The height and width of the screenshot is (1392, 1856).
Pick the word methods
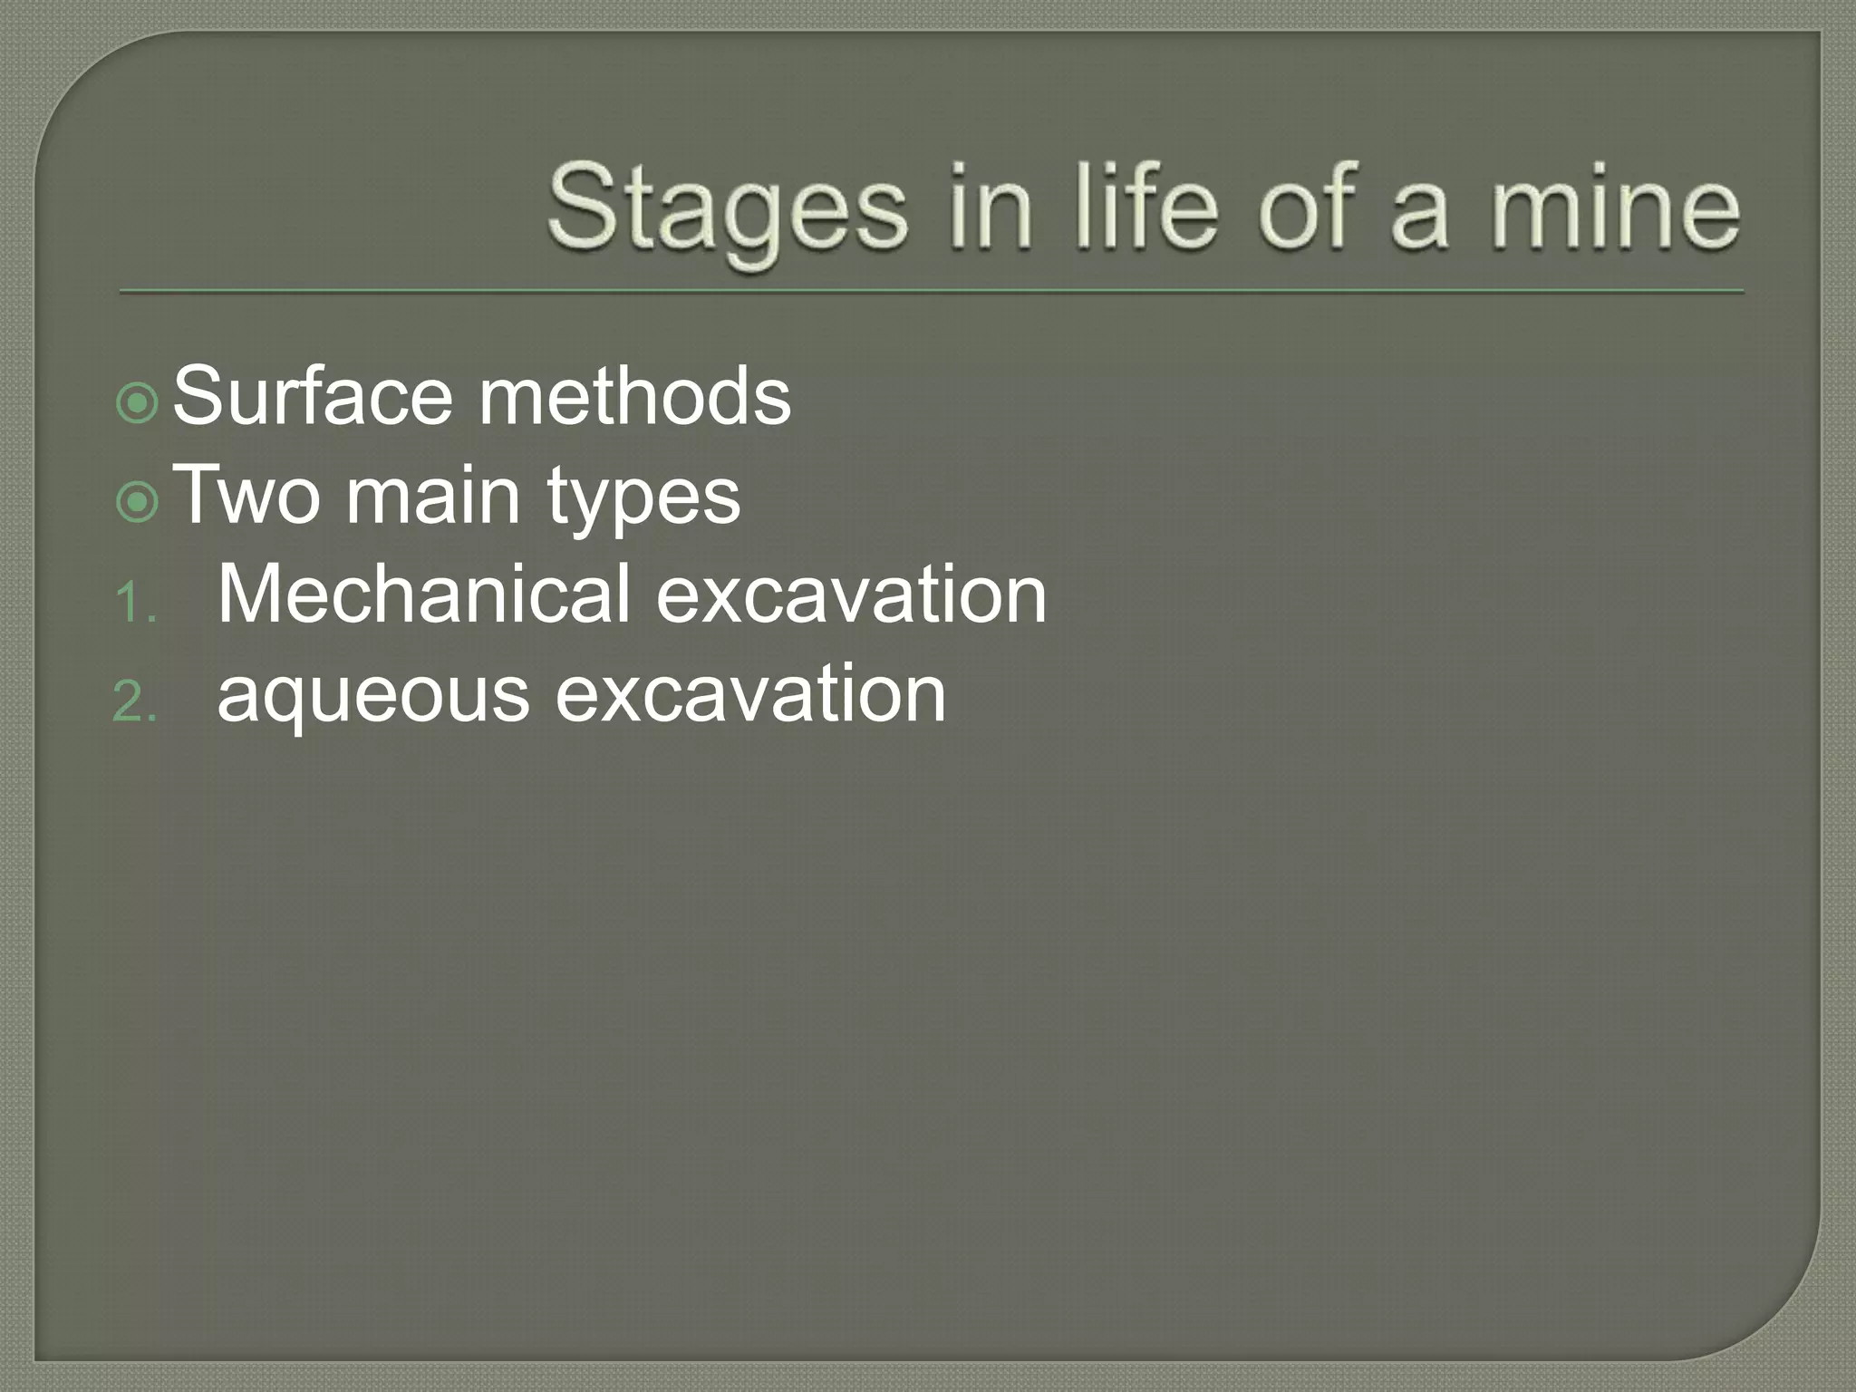coord(634,397)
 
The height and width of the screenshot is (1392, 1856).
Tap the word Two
coord(246,496)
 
